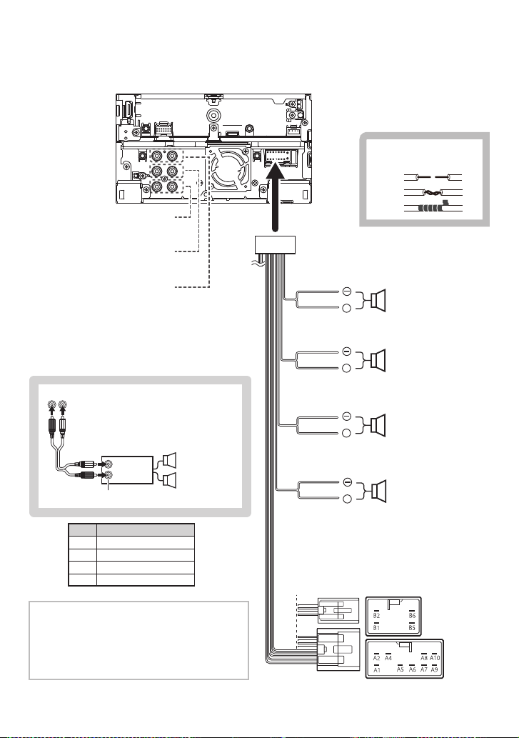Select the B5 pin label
pyautogui.click(x=412, y=628)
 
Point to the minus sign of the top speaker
pyautogui.click(x=346, y=291)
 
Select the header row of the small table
pyautogui.click(x=131, y=529)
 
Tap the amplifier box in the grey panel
pyautogui.click(x=127, y=468)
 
